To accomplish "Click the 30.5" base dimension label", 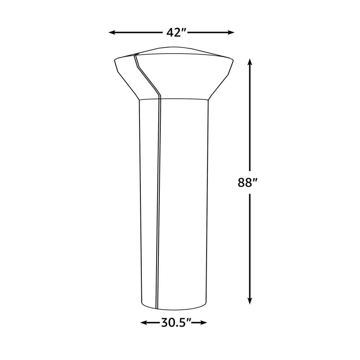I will (x=174, y=322).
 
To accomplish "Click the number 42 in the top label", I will (x=169, y=32).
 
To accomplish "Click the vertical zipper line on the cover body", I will (x=159, y=202).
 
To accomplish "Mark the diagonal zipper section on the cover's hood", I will (x=147, y=74).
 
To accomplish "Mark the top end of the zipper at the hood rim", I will (x=135, y=54).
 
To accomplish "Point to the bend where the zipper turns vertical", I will (x=159, y=95).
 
